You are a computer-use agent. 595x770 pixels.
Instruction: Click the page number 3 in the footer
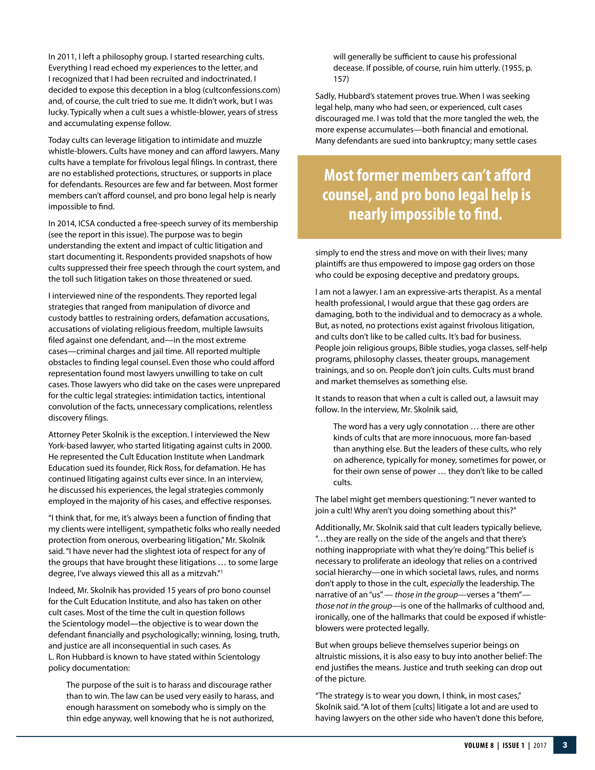pyautogui.click(x=565, y=745)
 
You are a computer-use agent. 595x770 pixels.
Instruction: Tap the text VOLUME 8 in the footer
pyautogui.click(x=479, y=745)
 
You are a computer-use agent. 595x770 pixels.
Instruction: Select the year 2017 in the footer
pyautogui.click(x=540, y=745)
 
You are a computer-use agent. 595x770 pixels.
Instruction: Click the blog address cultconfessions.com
pyautogui.click(x=241, y=90)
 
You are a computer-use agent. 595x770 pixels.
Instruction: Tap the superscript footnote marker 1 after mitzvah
pyautogui.click(x=221, y=572)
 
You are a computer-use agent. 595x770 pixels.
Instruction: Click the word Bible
pyautogui.click(x=429, y=348)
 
